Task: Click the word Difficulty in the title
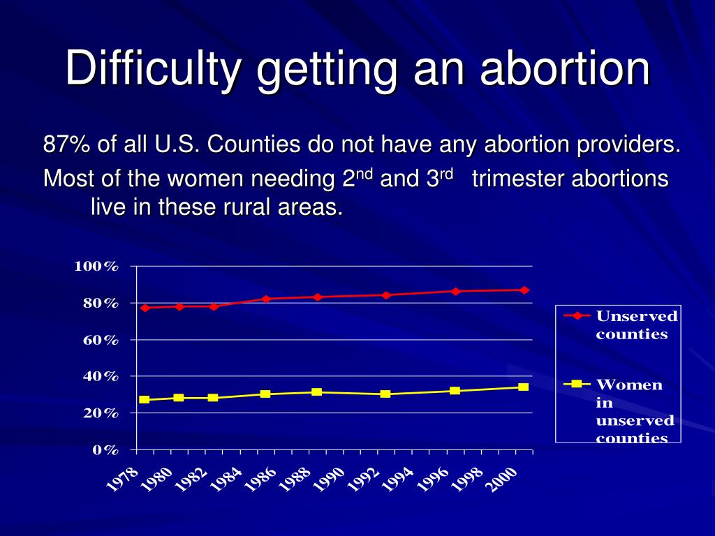[154, 68]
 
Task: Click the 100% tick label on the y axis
[97, 267]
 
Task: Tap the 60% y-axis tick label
[101, 340]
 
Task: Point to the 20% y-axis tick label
[101, 413]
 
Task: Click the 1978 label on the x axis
[123, 479]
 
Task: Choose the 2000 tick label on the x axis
[503, 479]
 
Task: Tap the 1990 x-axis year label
[330, 479]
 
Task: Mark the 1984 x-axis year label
[227, 479]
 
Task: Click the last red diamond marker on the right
[524, 290]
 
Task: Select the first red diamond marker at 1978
[145, 308]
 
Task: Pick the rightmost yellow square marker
[523, 387]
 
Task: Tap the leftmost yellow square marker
[145, 400]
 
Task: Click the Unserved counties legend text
[635, 325]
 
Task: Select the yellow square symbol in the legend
[577, 384]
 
